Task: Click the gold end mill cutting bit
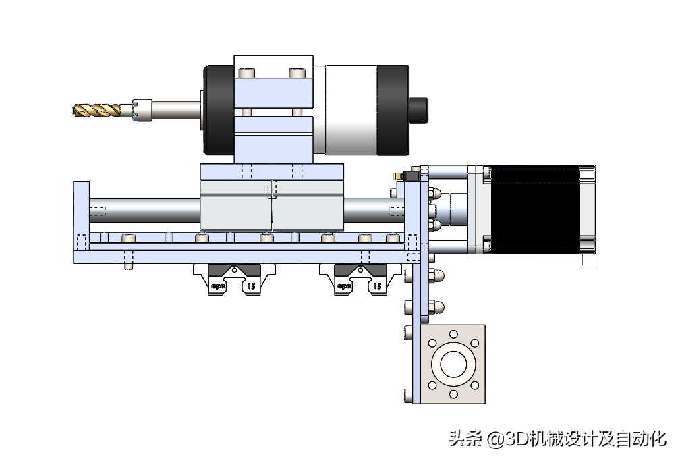click(97, 109)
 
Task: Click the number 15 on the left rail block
click(251, 286)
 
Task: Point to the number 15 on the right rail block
click(377, 286)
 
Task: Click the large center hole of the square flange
click(454, 364)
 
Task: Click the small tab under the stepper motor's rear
click(588, 259)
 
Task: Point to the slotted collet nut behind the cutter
click(144, 110)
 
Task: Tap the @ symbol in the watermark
click(496, 439)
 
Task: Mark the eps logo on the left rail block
click(218, 286)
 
